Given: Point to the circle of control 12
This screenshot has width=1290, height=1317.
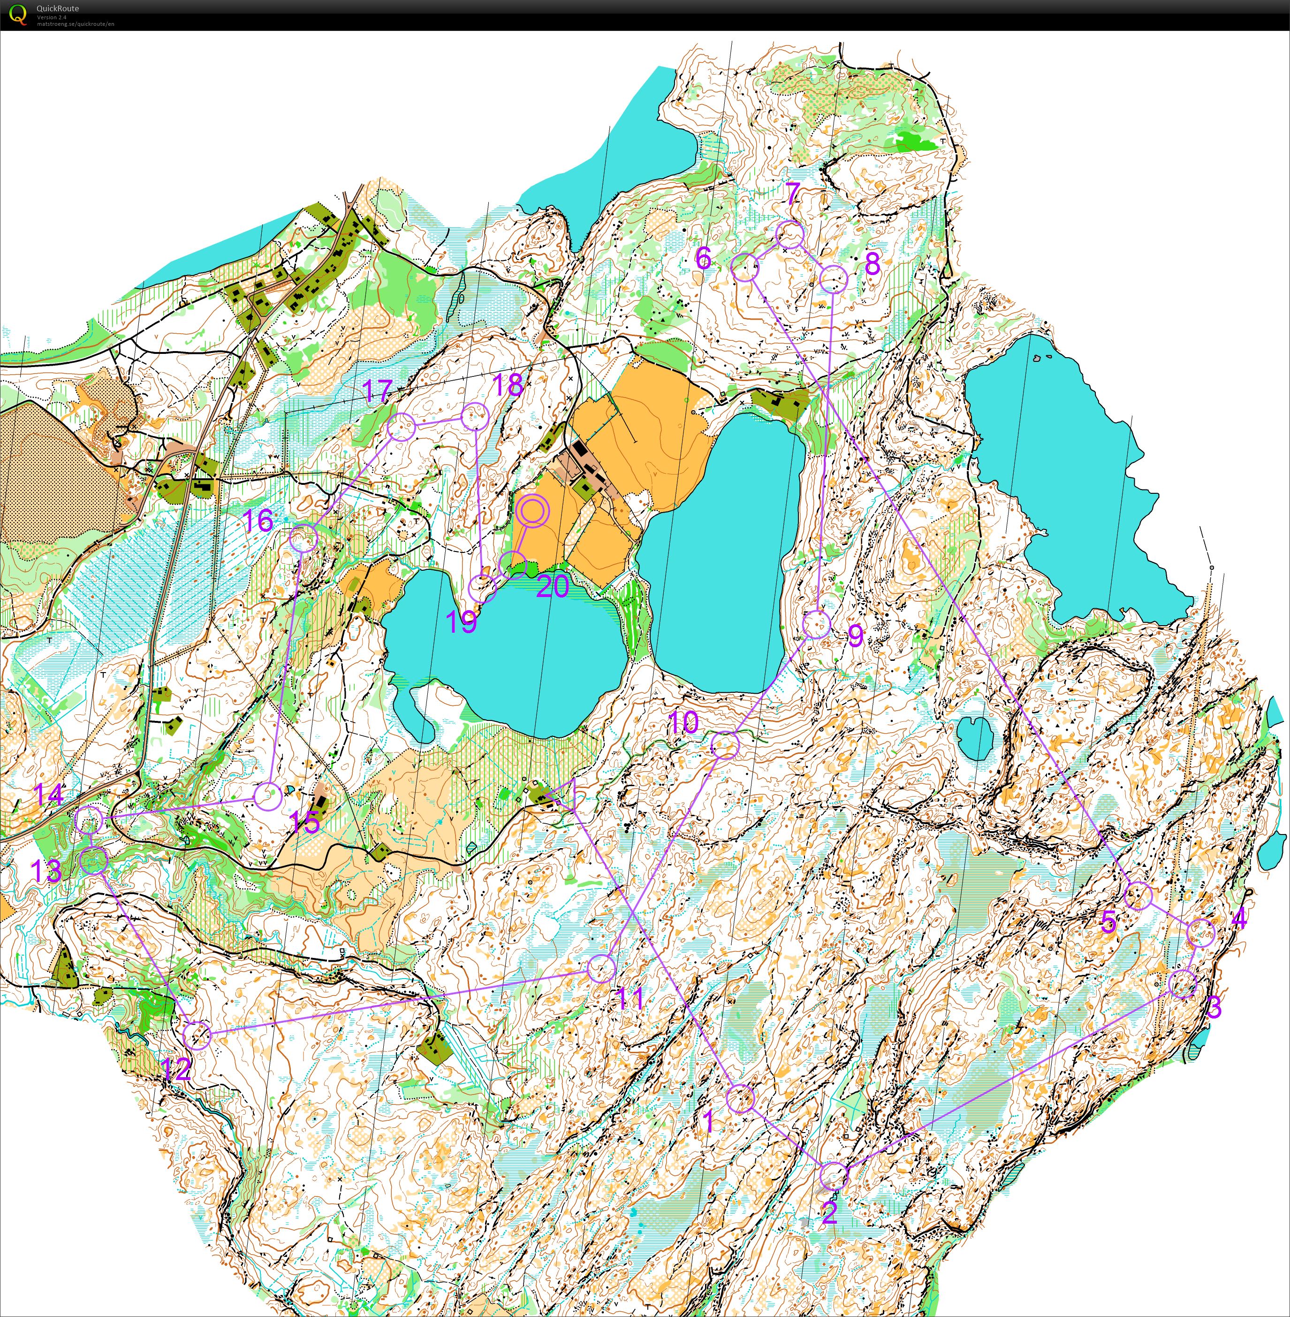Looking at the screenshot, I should pos(197,1034).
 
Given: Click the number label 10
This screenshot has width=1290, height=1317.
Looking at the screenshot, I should pos(683,722).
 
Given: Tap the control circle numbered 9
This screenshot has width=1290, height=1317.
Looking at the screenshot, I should pos(816,624).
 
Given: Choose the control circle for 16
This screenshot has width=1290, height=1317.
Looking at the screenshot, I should pos(304,539).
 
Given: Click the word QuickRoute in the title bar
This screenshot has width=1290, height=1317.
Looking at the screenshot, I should pos(58,8).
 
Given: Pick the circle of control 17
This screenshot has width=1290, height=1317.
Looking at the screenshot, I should pos(401,428).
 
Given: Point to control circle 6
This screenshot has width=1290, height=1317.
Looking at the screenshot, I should pos(745,267).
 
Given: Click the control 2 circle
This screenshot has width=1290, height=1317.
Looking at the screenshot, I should pos(834,1176).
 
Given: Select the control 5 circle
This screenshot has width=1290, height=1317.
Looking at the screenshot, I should pos(1138,896).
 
